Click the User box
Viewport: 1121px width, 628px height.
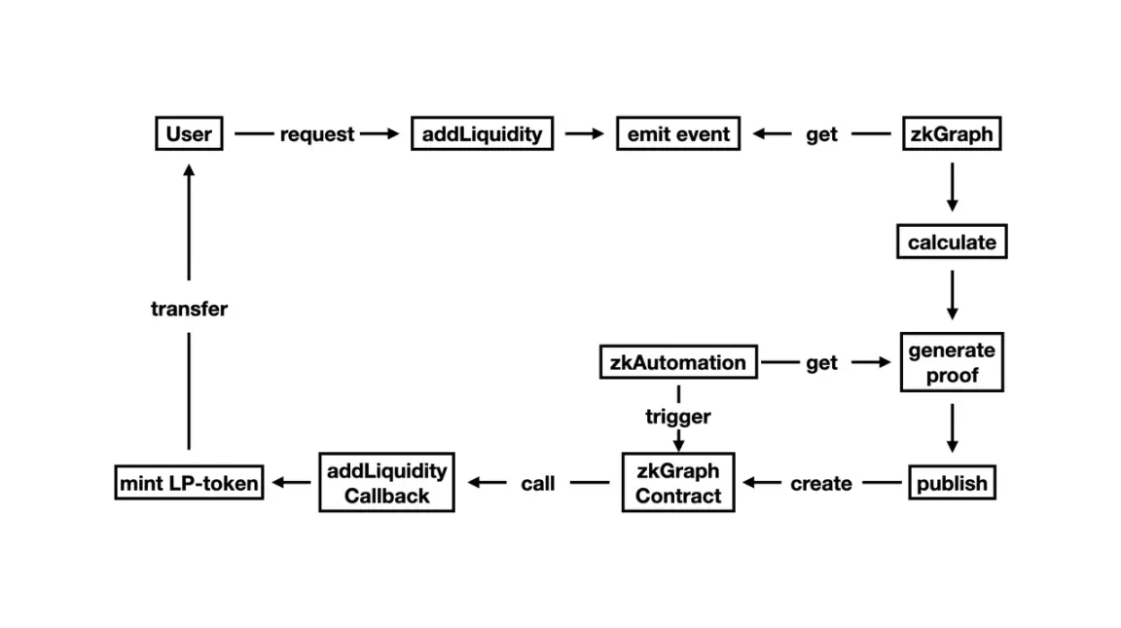189,134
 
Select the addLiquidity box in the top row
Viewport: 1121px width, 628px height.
482,134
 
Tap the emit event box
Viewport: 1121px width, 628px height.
678,134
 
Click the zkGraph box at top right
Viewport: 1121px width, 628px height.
951,134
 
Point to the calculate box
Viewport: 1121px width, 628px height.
951,242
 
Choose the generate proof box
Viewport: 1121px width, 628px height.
951,362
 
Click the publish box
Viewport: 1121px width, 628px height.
951,483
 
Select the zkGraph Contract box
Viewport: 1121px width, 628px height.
678,483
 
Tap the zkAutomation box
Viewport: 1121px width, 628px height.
677,363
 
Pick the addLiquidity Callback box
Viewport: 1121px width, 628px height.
386,483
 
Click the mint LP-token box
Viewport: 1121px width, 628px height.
189,483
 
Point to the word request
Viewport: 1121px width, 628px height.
317,135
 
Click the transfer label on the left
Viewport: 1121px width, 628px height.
189,310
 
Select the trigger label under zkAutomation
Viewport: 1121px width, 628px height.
678,417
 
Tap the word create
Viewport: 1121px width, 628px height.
820,484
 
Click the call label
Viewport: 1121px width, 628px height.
537,484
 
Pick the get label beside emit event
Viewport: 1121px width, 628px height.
821,135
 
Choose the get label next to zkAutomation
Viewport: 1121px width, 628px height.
821,363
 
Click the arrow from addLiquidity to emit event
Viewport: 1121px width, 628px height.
585,134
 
